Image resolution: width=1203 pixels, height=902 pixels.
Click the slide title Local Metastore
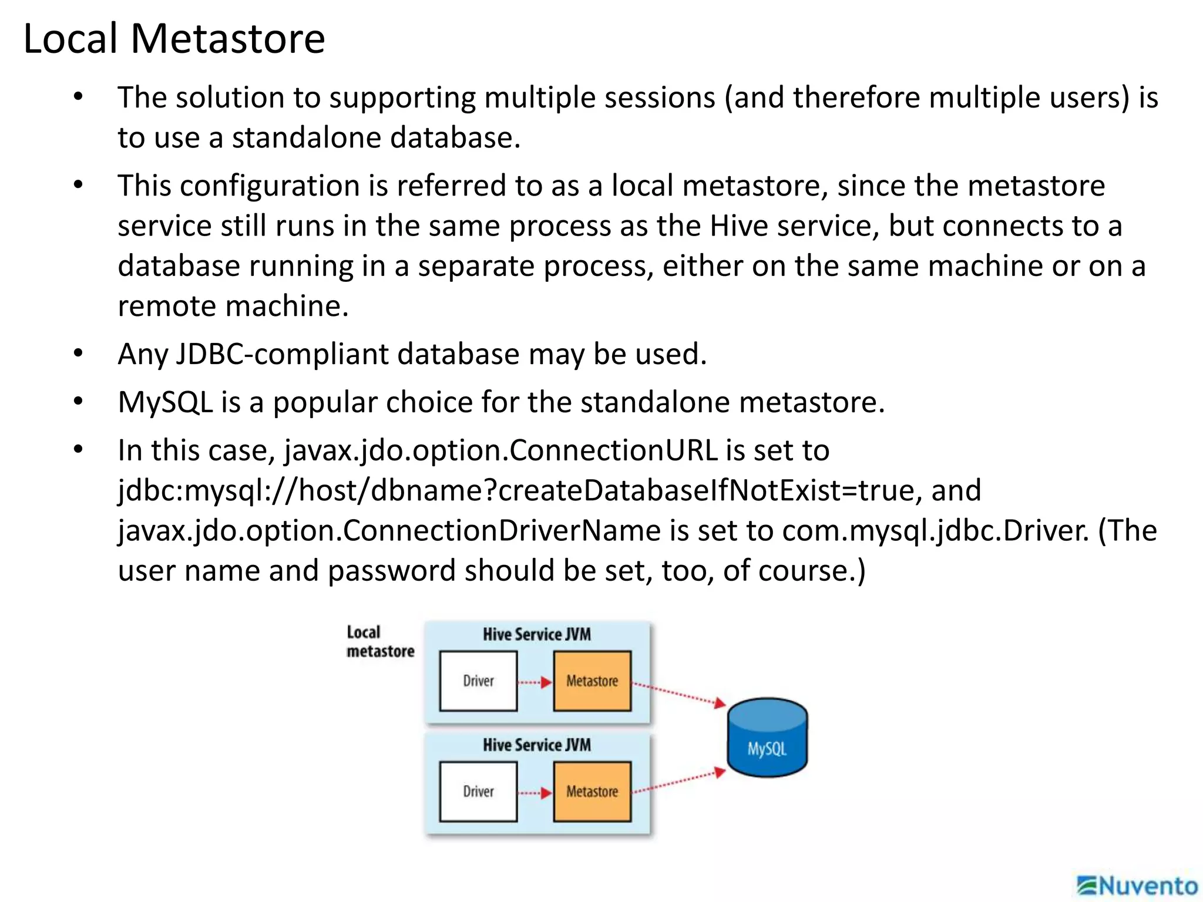pos(174,39)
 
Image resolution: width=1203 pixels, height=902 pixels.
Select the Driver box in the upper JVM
pos(478,681)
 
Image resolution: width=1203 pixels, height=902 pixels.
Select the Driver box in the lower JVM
pos(478,792)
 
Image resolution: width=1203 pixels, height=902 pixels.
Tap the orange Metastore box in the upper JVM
pos(592,681)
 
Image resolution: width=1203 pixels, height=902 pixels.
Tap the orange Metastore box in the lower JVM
pos(592,792)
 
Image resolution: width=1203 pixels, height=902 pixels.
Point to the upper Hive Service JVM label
pos(537,635)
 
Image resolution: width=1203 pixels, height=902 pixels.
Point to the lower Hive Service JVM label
pos(537,745)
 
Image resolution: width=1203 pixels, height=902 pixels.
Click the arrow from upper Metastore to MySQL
pos(678,694)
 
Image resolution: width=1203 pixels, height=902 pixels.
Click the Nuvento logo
pos(1137,886)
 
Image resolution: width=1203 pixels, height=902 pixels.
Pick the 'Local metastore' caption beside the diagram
pos(379,642)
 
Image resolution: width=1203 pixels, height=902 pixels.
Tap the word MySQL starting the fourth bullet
pos(165,403)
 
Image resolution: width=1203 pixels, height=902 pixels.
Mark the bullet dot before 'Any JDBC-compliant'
pos(79,354)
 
